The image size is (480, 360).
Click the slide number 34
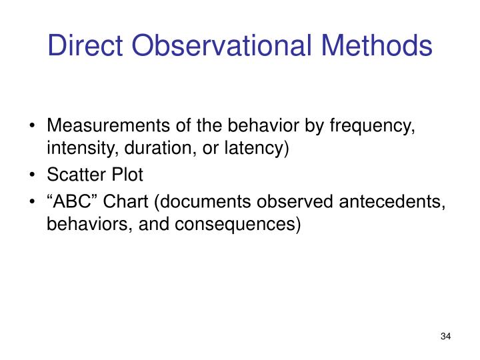446,335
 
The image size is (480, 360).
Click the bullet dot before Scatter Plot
34,176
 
